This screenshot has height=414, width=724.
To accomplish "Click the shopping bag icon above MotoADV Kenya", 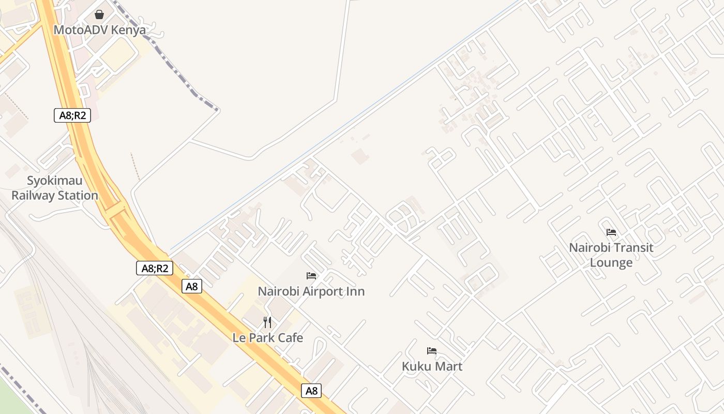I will (x=99, y=14).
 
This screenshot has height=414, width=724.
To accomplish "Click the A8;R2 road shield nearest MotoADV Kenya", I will (x=72, y=115).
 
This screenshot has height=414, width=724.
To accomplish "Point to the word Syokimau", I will (x=55, y=181).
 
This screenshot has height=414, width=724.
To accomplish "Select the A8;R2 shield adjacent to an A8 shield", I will (x=155, y=268).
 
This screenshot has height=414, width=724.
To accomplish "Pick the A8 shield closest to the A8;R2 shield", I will (x=191, y=286).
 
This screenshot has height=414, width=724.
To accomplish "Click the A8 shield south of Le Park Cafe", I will (x=311, y=391).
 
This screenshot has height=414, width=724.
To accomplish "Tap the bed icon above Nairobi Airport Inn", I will (x=311, y=276).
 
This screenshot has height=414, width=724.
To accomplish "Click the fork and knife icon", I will (x=267, y=322).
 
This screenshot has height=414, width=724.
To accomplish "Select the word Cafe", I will (x=290, y=338).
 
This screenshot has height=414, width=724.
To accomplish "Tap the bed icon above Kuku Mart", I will (x=432, y=351).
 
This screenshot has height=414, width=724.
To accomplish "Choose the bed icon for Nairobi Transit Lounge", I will (x=611, y=232).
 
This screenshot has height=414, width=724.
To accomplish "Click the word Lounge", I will (x=611, y=262).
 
